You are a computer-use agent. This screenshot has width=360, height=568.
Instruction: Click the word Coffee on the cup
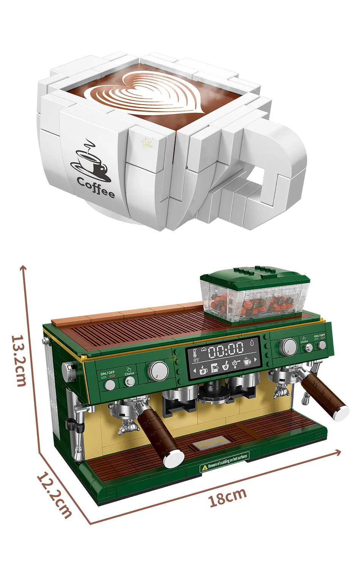click(x=96, y=186)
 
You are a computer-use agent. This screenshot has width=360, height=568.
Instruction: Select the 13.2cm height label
click(x=19, y=360)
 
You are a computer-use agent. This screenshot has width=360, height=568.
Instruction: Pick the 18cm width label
click(x=227, y=497)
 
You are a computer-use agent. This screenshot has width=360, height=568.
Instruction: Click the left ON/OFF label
click(x=107, y=373)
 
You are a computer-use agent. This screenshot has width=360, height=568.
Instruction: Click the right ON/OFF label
click(x=319, y=335)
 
